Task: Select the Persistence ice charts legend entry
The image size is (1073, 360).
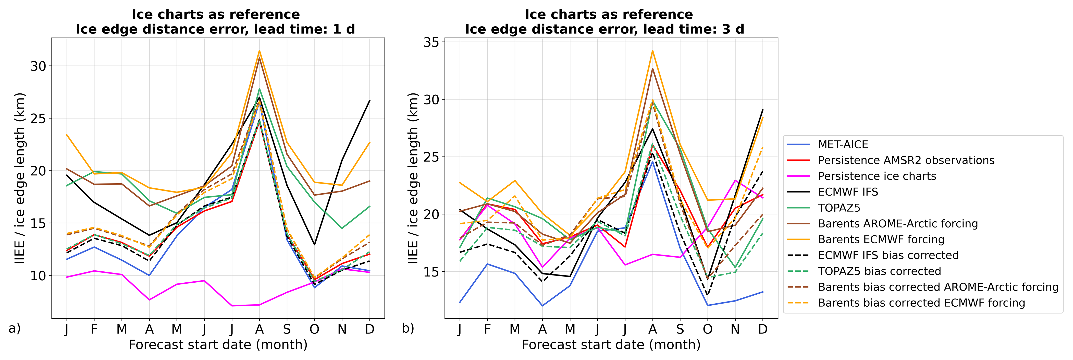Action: pos(877,176)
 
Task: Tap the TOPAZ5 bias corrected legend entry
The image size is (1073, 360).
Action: pos(879,271)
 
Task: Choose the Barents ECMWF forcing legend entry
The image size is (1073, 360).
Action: pos(881,239)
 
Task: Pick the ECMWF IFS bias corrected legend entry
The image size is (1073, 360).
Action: pos(888,255)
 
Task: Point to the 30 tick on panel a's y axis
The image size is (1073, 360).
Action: pos(38,66)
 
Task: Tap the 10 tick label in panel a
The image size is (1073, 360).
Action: pos(38,275)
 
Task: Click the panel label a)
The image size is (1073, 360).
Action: pos(15,328)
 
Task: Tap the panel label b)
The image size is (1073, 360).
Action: pos(408,328)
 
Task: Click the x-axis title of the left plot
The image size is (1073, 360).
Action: pos(218,345)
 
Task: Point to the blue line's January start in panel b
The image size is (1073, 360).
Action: pos(460,303)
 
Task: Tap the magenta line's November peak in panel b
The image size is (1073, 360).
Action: pos(735,181)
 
